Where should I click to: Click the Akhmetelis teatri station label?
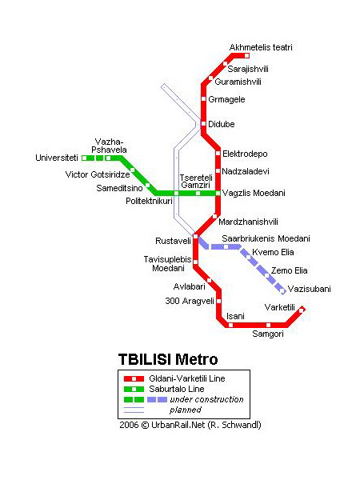click(261, 47)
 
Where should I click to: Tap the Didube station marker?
click(203, 124)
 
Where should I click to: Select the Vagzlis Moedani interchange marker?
click(218, 193)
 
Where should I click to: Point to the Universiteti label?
click(57, 158)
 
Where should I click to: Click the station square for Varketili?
click(302, 310)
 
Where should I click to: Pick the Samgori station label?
click(268, 334)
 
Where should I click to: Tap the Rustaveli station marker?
click(195, 236)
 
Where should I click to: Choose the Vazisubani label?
click(310, 289)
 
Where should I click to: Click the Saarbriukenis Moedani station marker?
click(226, 246)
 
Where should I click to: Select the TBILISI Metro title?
click(168, 359)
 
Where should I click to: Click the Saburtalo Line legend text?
click(177, 389)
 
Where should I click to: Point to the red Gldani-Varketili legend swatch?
click(134, 379)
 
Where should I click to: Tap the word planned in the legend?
click(186, 410)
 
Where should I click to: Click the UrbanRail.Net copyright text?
click(190, 425)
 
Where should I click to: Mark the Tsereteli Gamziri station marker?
click(198, 193)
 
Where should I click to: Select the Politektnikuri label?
click(149, 201)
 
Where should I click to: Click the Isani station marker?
click(231, 325)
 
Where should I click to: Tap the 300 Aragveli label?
click(190, 301)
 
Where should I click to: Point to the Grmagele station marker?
click(203, 99)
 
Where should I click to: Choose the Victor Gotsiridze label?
click(98, 174)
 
